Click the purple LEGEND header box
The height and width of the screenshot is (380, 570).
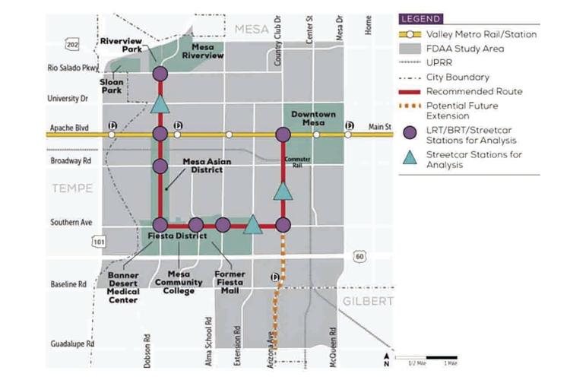(423, 18)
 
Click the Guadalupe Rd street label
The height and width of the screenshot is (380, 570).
(70, 344)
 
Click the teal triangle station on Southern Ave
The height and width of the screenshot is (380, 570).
(253, 224)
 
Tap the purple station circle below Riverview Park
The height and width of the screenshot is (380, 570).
(160, 74)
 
